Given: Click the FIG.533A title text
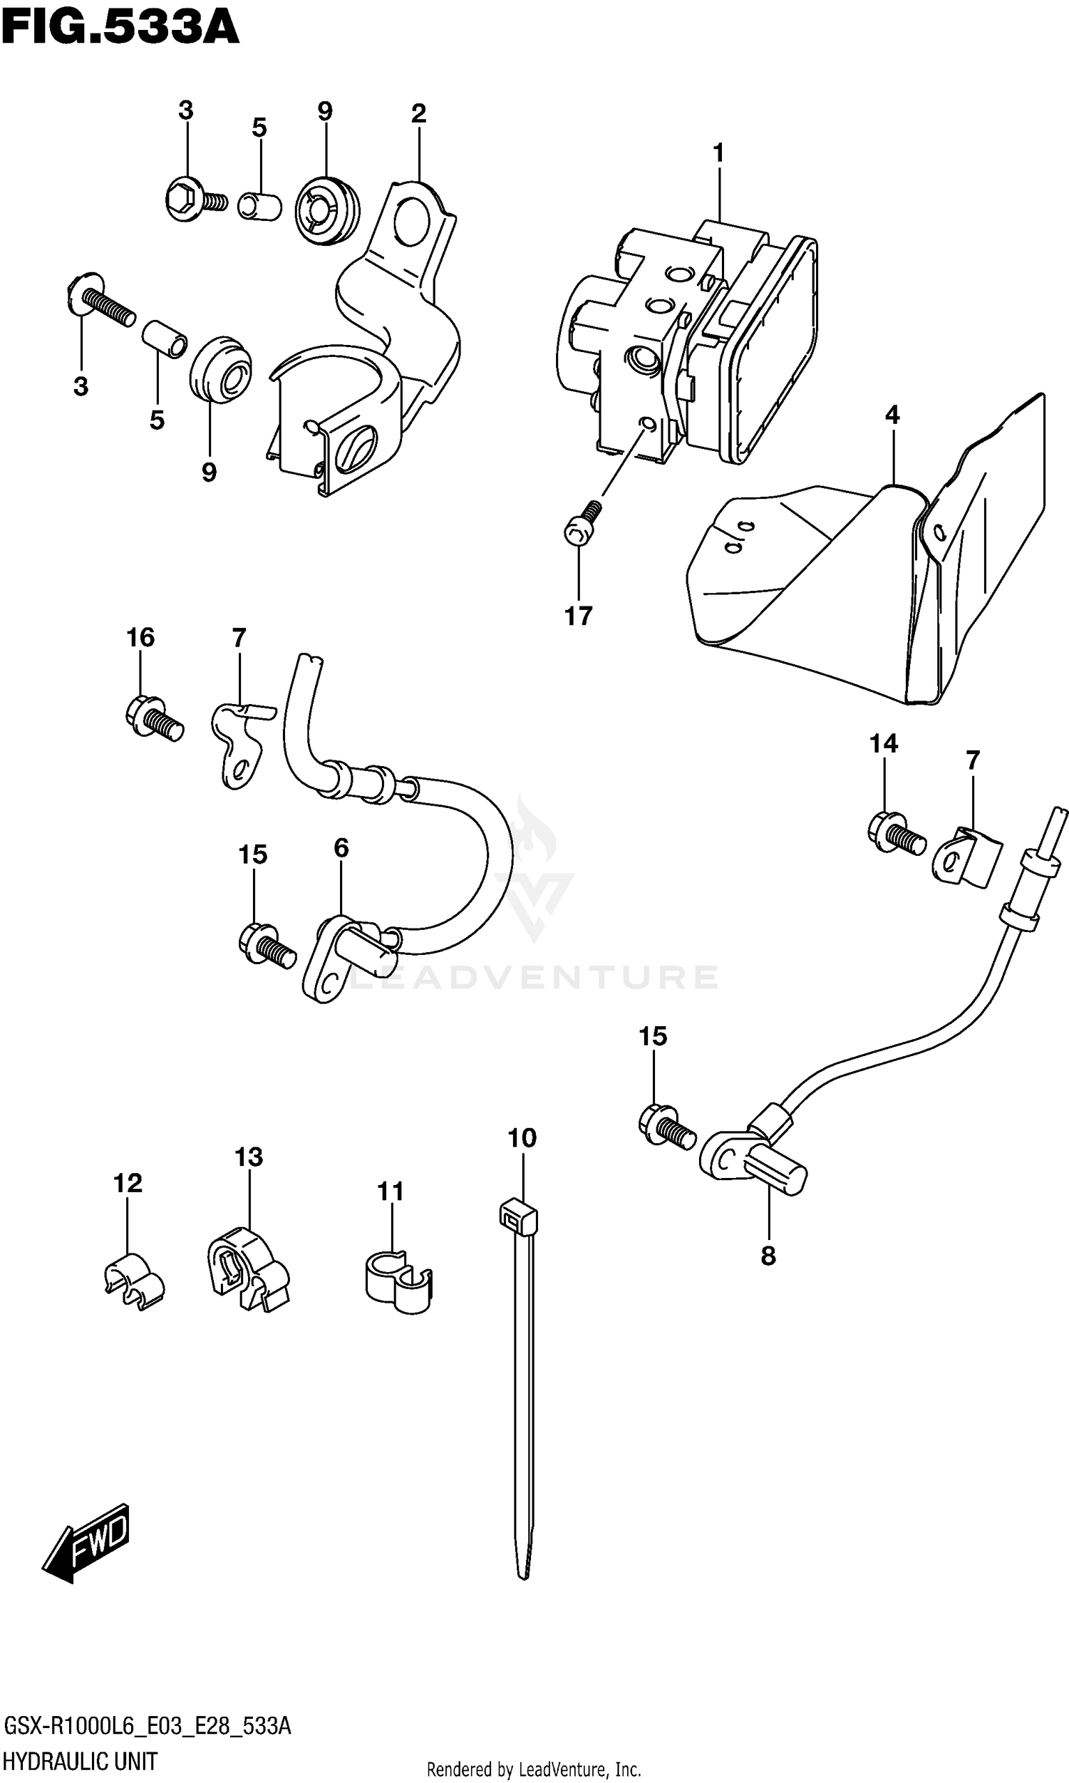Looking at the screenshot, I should pos(120,29).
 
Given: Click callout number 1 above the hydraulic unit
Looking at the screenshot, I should pos(718,153).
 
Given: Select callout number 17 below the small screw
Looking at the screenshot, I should pos(578,616).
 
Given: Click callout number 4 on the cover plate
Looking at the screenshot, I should pos(892,415).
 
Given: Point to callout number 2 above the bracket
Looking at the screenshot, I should pos(418,114).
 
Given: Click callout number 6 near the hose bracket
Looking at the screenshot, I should pos(341,848).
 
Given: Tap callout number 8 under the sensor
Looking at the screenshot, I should pos(768,1256).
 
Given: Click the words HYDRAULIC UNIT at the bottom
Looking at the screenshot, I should pos(81,1762).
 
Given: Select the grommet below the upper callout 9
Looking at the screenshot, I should pos(326,209).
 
